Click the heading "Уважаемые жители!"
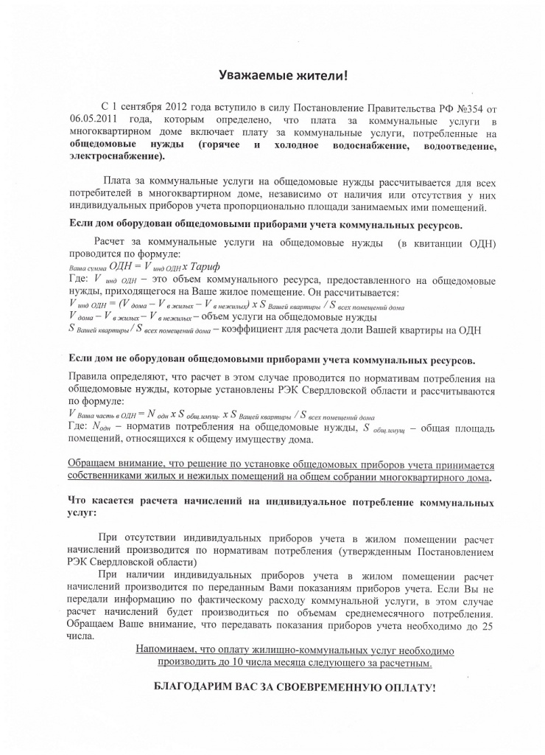284,76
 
